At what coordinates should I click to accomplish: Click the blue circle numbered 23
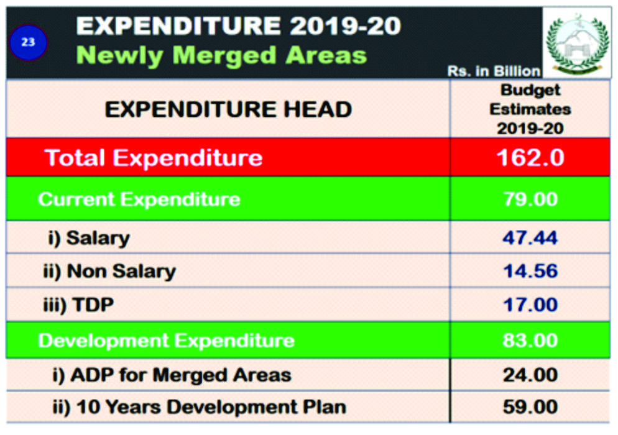pyautogui.click(x=29, y=42)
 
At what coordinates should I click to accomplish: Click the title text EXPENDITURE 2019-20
pyautogui.click(x=238, y=26)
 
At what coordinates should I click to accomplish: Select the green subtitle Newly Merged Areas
pyautogui.click(x=221, y=55)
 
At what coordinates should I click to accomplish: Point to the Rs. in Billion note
pyautogui.click(x=494, y=71)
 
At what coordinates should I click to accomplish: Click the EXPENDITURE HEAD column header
pyautogui.click(x=228, y=109)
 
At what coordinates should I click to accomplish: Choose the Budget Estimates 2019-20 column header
pyautogui.click(x=530, y=109)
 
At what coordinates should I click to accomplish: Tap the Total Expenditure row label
pyautogui.click(x=154, y=157)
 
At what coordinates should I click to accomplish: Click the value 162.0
pyautogui.click(x=530, y=157)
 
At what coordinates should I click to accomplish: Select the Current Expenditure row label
pyautogui.click(x=139, y=199)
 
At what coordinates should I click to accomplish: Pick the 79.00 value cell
pyautogui.click(x=530, y=199)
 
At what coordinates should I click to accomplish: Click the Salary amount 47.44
pyautogui.click(x=530, y=237)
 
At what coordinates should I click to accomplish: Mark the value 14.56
pyautogui.click(x=530, y=271)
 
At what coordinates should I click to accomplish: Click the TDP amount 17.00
pyautogui.click(x=530, y=305)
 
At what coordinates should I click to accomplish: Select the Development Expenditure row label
pyautogui.click(x=166, y=341)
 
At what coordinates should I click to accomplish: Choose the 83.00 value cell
pyautogui.click(x=530, y=341)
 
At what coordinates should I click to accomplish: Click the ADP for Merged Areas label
pyautogui.click(x=172, y=375)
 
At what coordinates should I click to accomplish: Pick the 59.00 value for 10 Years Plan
pyautogui.click(x=530, y=407)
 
